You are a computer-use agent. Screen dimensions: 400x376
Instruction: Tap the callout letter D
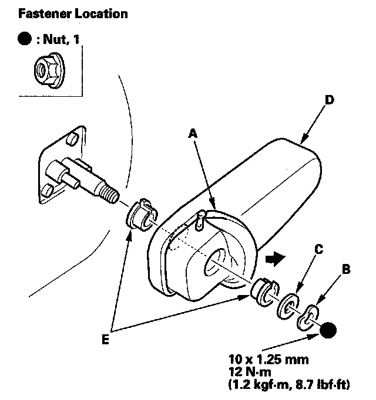coord(329,100)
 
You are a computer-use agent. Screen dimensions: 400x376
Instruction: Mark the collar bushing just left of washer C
coord(263,290)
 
